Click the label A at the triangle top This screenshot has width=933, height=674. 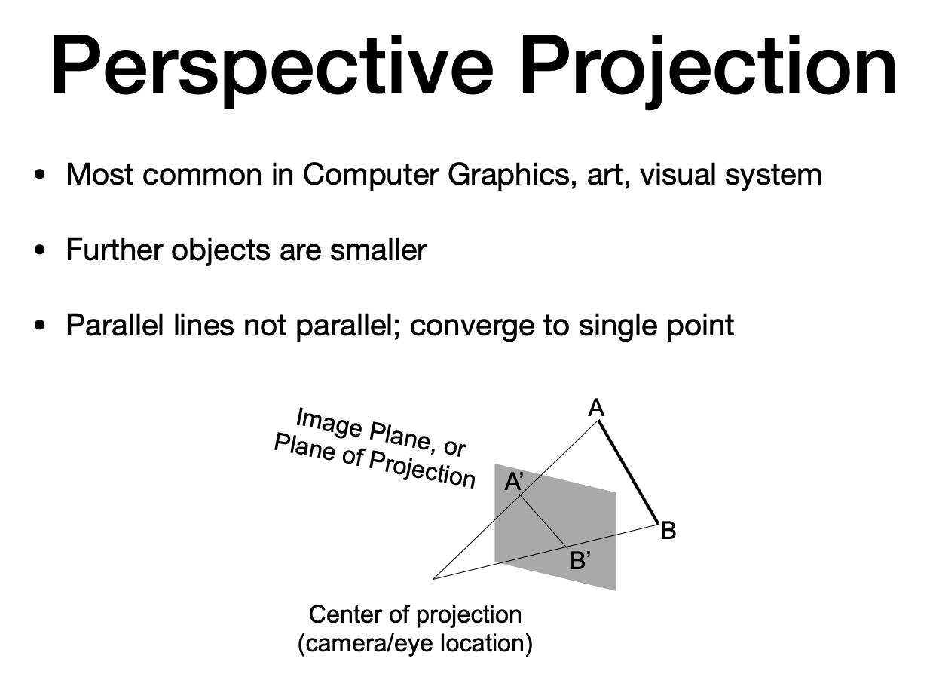point(596,409)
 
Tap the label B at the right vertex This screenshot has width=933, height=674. point(668,532)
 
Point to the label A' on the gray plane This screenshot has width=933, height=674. point(514,482)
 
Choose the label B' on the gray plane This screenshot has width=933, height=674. point(580,561)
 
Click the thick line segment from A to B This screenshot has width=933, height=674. point(629,472)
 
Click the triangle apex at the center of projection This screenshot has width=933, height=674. point(435,578)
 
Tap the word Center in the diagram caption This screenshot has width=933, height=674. point(346,614)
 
